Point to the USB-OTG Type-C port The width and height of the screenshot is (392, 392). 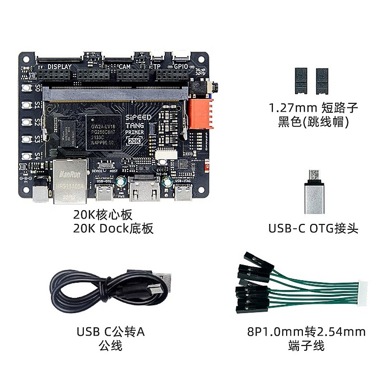pyautogui.click(x=105, y=195)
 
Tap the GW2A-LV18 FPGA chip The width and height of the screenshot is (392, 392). pyautogui.click(x=103, y=128)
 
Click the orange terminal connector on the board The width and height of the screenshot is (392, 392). pyautogui.click(x=201, y=114)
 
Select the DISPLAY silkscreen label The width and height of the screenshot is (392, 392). pyautogui.click(x=60, y=67)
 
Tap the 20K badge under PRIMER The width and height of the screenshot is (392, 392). pyautogui.click(x=134, y=141)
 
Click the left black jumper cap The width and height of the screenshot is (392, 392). pyautogui.click(x=300, y=81)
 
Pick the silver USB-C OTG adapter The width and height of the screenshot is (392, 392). pyautogui.click(x=314, y=192)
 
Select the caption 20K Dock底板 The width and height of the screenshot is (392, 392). pyautogui.click(x=113, y=228)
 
